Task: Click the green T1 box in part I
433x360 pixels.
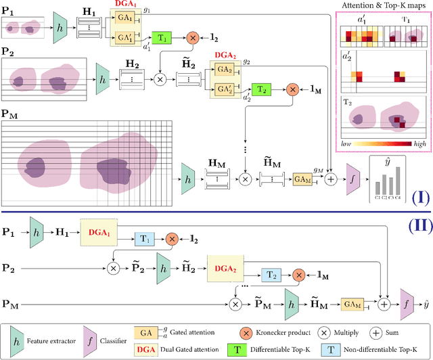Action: (x=162, y=38)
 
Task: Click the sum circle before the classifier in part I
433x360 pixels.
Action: (x=331, y=179)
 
